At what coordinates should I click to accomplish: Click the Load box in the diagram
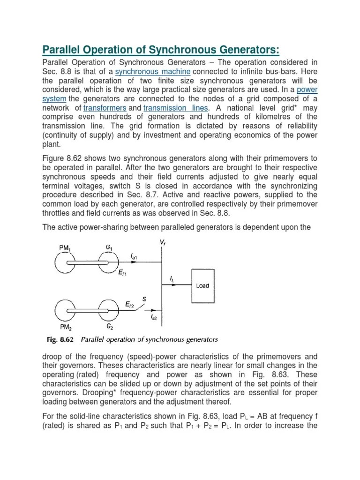pyautogui.click(x=202, y=285)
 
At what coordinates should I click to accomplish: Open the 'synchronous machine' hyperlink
pyautogui.click(x=153, y=72)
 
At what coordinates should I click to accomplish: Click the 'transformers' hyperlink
pyautogui.click(x=105, y=108)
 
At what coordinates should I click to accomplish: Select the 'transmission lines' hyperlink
pyautogui.click(x=175, y=108)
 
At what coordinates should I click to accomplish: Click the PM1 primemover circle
pyautogui.click(x=67, y=263)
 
